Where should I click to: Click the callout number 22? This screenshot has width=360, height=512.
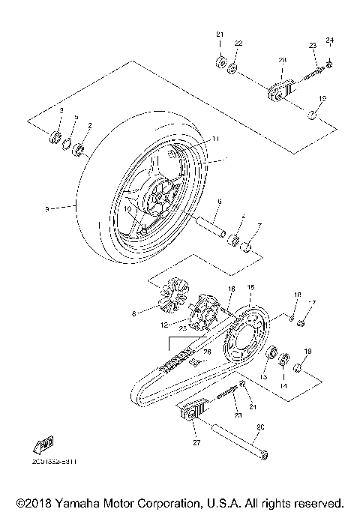click(x=238, y=44)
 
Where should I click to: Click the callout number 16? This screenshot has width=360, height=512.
click(x=231, y=288)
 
